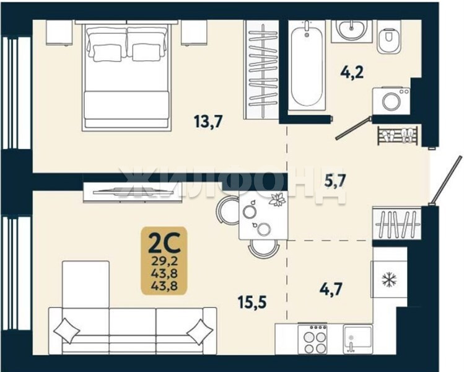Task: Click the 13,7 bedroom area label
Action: click(208, 121)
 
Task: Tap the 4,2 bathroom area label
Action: click(352, 72)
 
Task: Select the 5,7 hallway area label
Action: click(335, 180)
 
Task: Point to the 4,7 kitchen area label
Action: click(331, 289)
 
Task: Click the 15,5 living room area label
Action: click(252, 302)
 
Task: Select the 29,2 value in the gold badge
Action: click(164, 261)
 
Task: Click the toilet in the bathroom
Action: click(389, 37)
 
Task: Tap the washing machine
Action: click(391, 100)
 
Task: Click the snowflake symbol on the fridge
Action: click(389, 279)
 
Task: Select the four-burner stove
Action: click(312, 339)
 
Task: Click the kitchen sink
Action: click(357, 339)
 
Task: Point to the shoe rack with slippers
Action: click(398, 136)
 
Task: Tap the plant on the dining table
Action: click(277, 198)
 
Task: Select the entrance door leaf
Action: click(446, 180)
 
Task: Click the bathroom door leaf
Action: click(352, 128)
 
